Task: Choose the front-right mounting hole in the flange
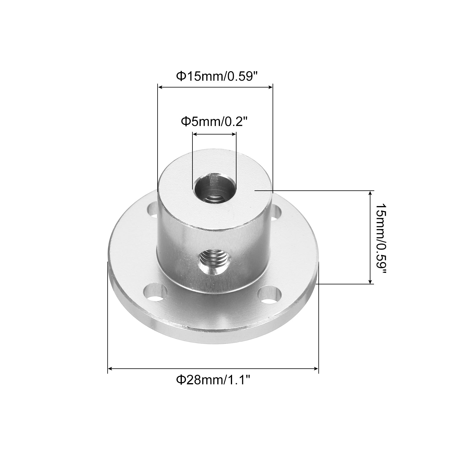(269, 295)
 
